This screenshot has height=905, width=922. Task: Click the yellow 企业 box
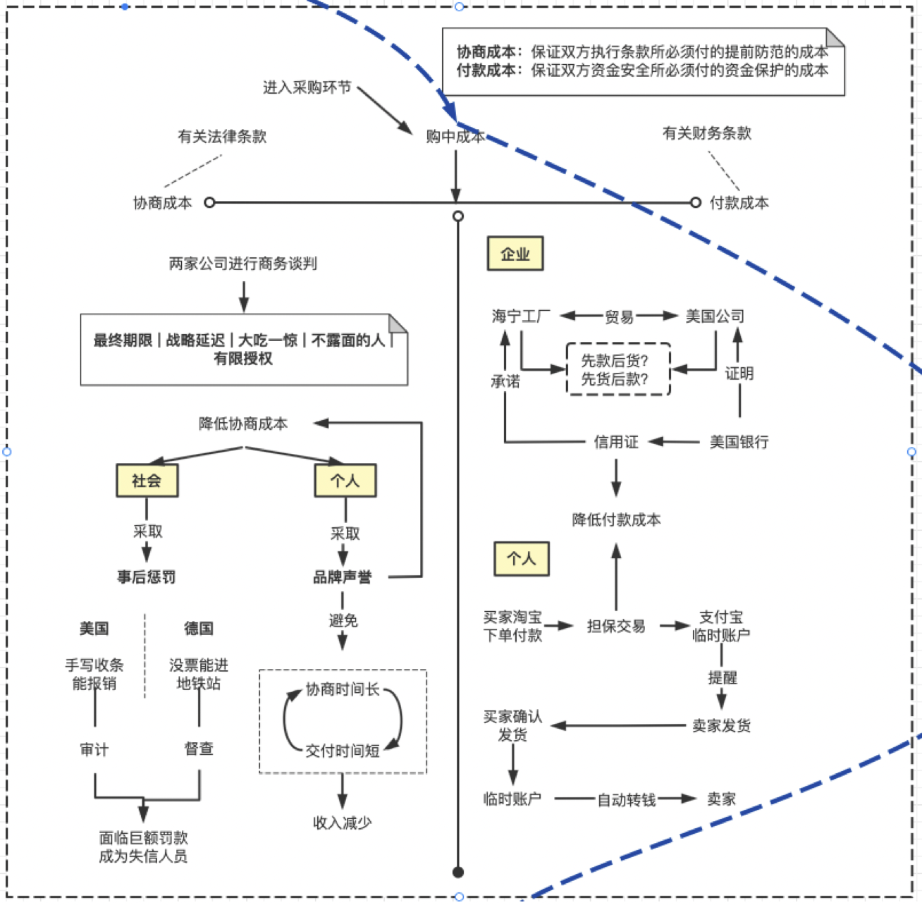click(515, 253)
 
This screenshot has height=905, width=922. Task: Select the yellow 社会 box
click(147, 481)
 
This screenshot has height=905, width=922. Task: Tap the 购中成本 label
click(455, 137)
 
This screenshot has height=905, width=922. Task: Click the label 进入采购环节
click(307, 87)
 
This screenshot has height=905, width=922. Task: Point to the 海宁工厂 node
click(521, 316)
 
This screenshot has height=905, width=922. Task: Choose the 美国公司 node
click(715, 316)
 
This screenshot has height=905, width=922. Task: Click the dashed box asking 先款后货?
click(617, 369)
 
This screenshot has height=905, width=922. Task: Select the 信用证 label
click(616, 442)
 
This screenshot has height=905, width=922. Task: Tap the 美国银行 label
click(739, 442)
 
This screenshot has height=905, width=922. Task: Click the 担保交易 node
click(616, 626)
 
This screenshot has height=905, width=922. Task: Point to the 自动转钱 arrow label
click(627, 800)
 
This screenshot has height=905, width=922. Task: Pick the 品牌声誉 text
click(342, 577)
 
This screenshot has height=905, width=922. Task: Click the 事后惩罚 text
click(147, 577)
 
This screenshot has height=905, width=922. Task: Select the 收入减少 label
click(342, 823)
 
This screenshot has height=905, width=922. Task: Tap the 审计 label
click(94, 749)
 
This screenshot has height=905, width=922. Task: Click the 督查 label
click(199, 749)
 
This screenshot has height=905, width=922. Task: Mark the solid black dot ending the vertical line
click(458, 872)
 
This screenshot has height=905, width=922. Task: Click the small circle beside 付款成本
click(696, 202)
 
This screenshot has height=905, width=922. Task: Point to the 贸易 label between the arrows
click(619, 316)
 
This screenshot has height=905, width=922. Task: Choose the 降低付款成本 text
click(616, 519)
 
